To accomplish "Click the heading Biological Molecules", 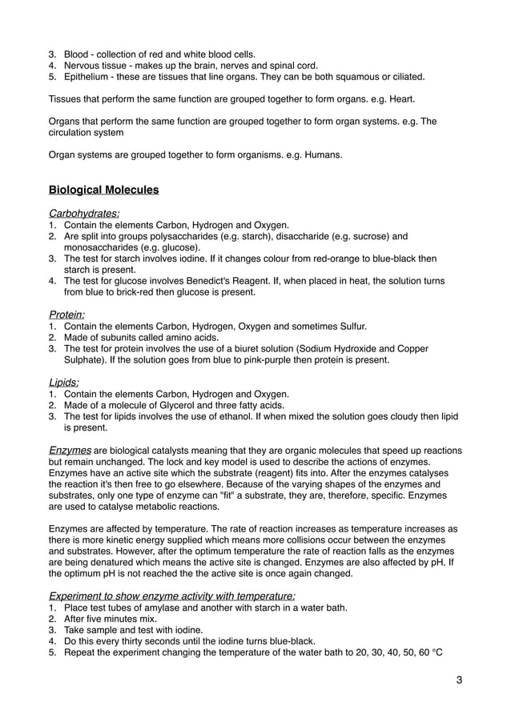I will coord(103,191).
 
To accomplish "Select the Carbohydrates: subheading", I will coord(84,214).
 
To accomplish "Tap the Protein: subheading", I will coord(68,315).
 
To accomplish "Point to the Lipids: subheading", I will coord(64,383).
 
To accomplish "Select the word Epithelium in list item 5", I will coord(88,77).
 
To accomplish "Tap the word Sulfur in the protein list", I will coord(349,327).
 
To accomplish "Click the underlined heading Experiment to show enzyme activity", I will coord(171,596).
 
